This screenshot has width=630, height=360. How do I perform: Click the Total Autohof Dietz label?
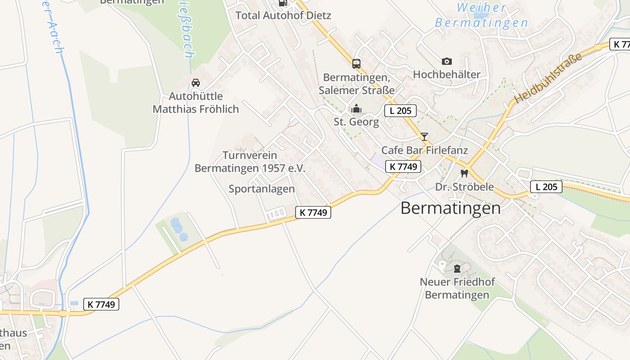click(x=283, y=15)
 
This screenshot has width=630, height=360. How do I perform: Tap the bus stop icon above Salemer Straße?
click(x=356, y=63)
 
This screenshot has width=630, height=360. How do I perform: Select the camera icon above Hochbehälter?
click(x=446, y=61)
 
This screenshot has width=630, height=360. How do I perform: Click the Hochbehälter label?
click(x=446, y=74)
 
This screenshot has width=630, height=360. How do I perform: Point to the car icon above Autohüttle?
click(x=196, y=83)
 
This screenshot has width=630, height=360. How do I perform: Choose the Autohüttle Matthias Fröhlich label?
click(x=196, y=103)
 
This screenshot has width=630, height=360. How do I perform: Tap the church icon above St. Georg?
click(x=356, y=108)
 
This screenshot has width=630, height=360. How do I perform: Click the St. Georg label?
click(x=356, y=122)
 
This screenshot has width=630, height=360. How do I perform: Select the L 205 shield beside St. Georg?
click(x=400, y=111)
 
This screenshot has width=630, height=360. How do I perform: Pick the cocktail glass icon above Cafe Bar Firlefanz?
click(x=424, y=137)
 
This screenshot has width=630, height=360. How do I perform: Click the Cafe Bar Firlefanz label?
click(x=424, y=150)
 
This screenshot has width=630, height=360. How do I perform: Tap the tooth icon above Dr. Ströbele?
click(x=464, y=173)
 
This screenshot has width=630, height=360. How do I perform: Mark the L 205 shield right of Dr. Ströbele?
click(x=546, y=187)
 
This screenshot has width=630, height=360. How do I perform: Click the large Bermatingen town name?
click(x=450, y=208)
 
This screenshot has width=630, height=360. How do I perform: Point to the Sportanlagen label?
click(x=261, y=189)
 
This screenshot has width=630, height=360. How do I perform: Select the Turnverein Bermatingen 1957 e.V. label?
click(x=250, y=162)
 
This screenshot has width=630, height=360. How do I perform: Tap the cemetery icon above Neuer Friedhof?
click(x=457, y=269)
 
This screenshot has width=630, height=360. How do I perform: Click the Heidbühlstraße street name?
click(x=548, y=77)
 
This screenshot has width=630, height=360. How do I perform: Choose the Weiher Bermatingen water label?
click(x=481, y=15)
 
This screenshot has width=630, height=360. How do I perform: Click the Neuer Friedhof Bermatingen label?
click(x=457, y=288)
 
